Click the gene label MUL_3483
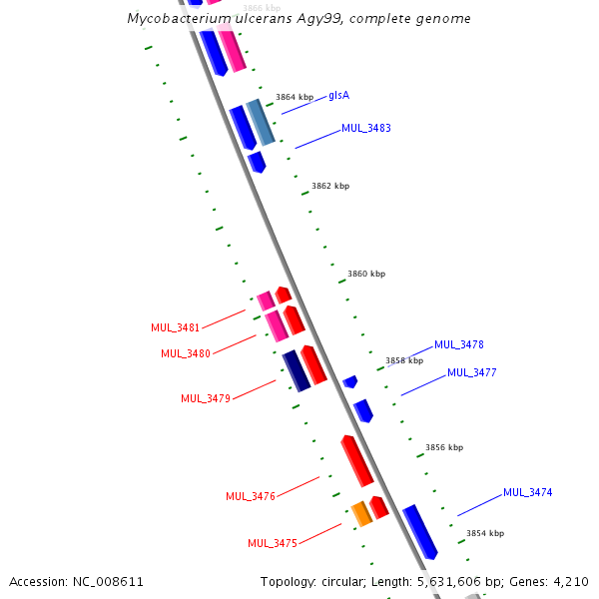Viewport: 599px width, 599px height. pyautogui.click(x=366, y=128)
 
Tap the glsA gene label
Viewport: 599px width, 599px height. pyautogui.click(x=338, y=96)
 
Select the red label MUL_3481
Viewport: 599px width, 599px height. pyautogui.click(x=175, y=327)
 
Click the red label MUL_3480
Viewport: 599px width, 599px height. pyautogui.click(x=185, y=353)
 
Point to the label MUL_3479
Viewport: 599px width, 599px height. pyautogui.click(x=206, y=398)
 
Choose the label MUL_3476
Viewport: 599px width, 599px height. pyautogui.click(x=251, y=496)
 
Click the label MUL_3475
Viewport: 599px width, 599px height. pyautogui.click(x=273, y=543)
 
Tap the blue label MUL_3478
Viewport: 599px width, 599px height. pyautogui.click(x=459, y=344)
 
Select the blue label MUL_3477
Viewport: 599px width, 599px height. pyautogui.click(x=472, y=372)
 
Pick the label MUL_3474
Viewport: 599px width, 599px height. pyautogui.click(x=528, y=492)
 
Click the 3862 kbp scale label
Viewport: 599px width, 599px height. pyautogui.click(x=330, y=186)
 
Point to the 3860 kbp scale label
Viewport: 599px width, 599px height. pyautogui.click(x=366, y=274)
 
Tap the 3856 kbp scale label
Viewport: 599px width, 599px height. pyautogui.click(x=444, y=448)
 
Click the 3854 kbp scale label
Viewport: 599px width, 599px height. pyautogui.click(x=485, y=533)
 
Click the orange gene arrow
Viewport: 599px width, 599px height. pyautogui.click(x=361, y=514)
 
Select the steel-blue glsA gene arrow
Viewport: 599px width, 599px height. pyautogui.click(x=261, y=122)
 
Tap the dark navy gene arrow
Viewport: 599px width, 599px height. pyautogui.click(x=297, y=370)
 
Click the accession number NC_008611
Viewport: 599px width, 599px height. pyautogui.click(x=106, y=581)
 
